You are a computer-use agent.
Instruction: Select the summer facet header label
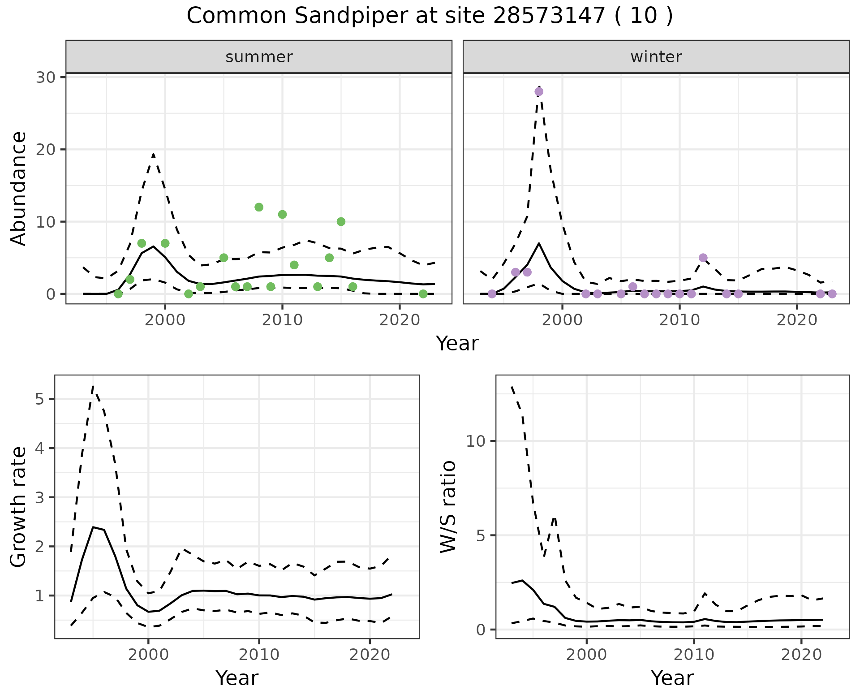[259, 57]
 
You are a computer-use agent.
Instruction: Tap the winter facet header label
[656, 57]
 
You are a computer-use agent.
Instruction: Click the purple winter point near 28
[539, 91]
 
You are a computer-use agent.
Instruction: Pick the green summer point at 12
[259, 207]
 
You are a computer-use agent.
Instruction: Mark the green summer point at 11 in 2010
[282, 214]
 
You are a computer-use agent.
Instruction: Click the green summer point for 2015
[341, 222]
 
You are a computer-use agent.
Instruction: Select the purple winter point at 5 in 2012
[703, 258]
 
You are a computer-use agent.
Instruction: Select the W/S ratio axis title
[448, 506]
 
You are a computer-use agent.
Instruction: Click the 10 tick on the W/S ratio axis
[475, 441]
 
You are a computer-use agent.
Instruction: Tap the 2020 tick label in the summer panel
[399, 321]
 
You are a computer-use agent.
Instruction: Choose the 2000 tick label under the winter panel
[562, 321]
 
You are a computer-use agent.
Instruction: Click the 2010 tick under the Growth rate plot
[259, 655]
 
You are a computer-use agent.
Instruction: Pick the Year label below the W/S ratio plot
[672, 678]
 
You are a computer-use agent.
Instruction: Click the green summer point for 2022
[423, 294]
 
